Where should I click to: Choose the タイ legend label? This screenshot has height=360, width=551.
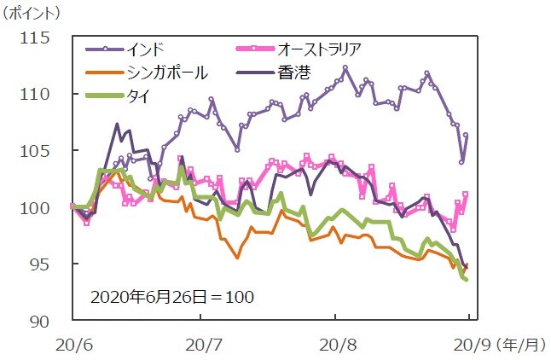(137, 96)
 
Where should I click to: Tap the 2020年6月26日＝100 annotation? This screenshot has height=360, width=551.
(171, 298)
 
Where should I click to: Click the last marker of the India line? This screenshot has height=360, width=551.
(466, 135)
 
